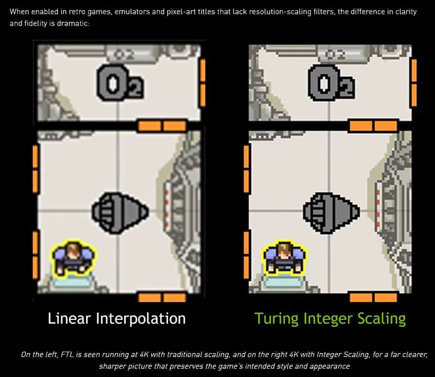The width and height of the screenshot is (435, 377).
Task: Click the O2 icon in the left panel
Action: coord(120,82)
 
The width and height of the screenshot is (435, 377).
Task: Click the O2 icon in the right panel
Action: coord(331,82)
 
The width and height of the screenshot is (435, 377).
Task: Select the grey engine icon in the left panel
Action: coord(120,213)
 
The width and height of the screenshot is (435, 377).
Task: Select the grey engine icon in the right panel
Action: coord(331,213)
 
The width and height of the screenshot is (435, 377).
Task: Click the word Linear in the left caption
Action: coord(69,318)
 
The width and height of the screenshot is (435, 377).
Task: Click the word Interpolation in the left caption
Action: coord(141,319)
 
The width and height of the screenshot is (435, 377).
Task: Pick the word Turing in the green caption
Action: coord(276,319)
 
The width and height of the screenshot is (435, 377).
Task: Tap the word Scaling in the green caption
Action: coord(381,319)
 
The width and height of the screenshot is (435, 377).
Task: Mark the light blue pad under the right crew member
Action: coord(283,282)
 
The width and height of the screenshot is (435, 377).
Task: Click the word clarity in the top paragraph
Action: coord(406,12)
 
